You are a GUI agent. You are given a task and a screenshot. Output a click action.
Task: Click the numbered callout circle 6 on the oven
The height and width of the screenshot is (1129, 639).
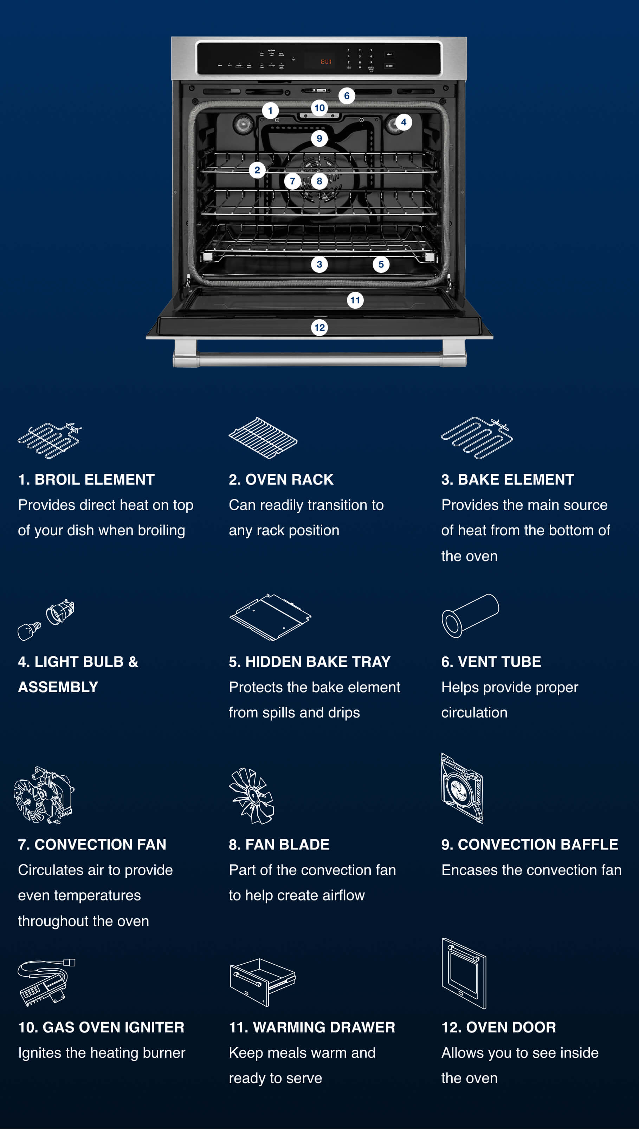point(346,96)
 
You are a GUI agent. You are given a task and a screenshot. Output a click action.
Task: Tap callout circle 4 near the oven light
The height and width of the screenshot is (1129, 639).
point(403,122)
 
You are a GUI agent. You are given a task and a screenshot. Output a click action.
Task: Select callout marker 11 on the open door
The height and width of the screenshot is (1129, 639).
point(355,300)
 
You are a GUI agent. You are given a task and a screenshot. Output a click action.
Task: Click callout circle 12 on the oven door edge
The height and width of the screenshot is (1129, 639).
point(319,328)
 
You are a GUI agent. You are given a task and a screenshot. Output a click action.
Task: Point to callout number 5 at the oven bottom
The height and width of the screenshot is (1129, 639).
point(381,264)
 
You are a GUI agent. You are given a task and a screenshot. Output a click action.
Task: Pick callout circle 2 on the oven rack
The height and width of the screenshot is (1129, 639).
point(257,170)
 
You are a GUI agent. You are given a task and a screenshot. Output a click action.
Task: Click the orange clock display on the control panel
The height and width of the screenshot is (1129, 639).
point(325,62)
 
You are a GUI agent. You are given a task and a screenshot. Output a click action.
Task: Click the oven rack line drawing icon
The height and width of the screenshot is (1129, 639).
point(263,438)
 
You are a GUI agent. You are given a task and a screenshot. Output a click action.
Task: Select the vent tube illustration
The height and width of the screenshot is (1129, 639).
point(470,615)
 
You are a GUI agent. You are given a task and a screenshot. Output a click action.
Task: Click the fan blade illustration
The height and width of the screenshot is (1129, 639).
point(251,796)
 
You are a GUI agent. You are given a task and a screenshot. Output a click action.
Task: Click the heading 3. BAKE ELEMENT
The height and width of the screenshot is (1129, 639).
point(507,480)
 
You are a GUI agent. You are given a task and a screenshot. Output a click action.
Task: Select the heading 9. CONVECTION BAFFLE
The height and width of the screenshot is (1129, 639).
point(529,845)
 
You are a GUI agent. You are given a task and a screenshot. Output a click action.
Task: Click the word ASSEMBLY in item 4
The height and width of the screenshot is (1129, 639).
point(58,687)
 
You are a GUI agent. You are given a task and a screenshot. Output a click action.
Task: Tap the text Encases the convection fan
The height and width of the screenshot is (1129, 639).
point(531,870)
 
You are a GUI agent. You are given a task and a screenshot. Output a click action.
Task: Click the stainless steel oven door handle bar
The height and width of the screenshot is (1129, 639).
point(319,360)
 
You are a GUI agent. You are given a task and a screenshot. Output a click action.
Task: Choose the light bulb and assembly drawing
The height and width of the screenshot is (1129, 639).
point(46,619)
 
